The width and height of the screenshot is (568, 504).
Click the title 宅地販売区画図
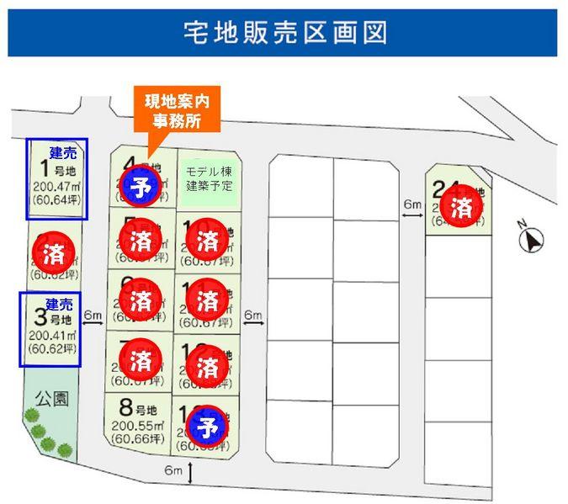tap(284, 33)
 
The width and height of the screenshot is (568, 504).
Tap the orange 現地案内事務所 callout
tap(176, 111)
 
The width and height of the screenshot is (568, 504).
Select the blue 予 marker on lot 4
tap(141, 184)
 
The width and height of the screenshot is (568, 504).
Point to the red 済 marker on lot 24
tap(460, 207)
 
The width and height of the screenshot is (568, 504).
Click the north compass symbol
tap(532, 241)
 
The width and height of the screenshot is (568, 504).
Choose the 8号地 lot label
tap(139, 410)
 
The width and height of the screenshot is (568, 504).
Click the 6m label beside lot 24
tap(411, 204)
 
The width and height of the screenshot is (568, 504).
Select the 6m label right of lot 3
tap(93, 315)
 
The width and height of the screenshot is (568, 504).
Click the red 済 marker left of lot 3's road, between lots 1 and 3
tap(47, 250)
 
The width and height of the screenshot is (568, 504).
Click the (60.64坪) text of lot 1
tap(56, 199)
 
